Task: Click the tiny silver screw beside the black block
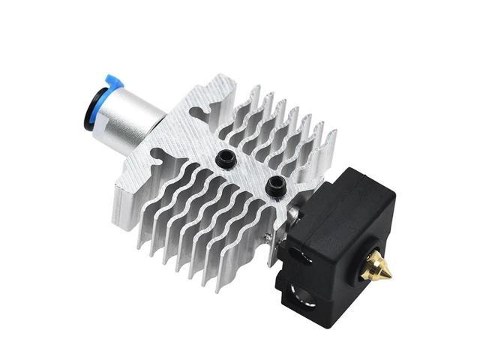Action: tap(268, 238)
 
